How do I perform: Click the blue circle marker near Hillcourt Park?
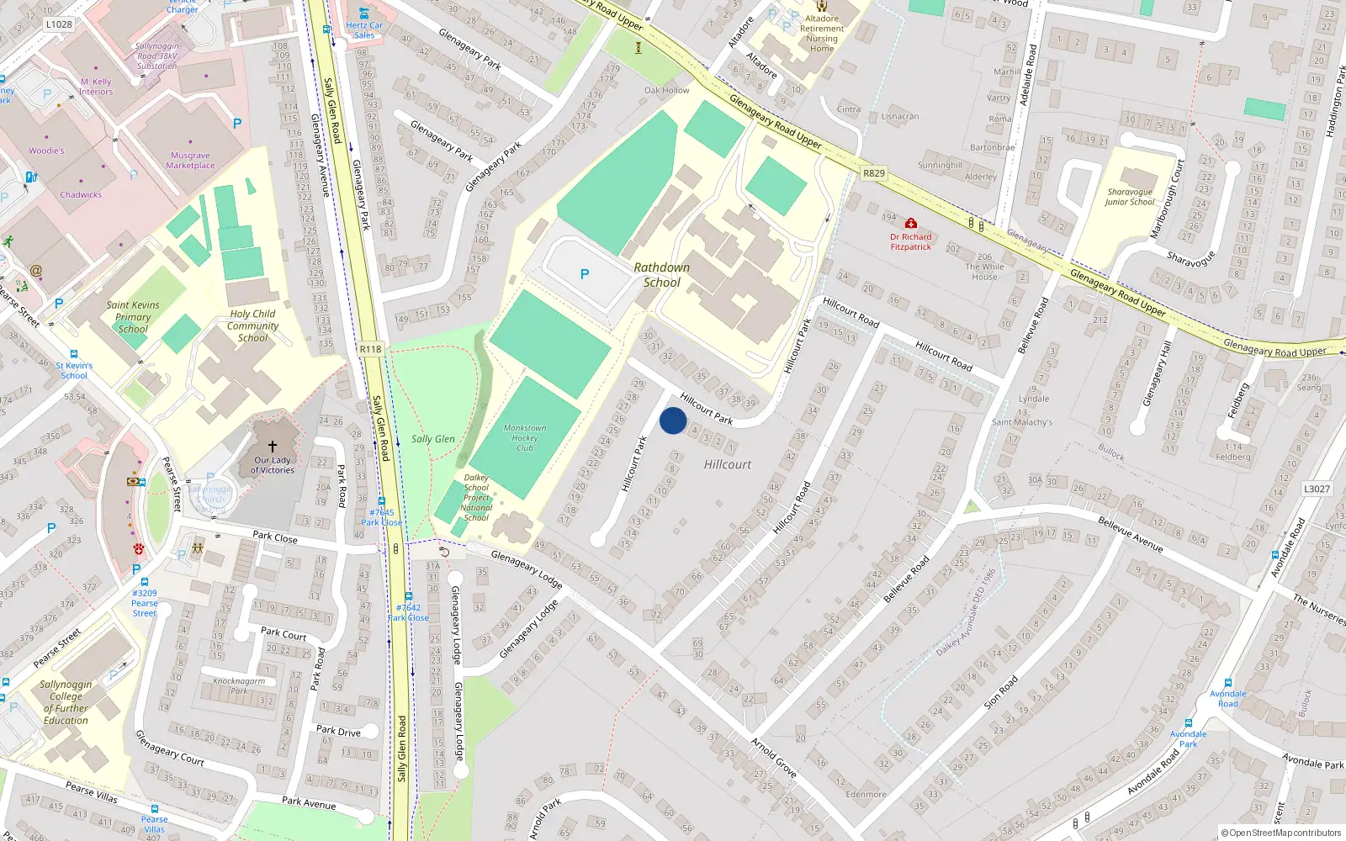click(673, 420)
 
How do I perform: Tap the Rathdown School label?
click(662, 275)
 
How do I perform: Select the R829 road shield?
click(874, 173)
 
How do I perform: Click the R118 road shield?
click(370, 349)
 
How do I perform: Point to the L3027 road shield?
click(1317, 489)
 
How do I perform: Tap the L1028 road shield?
click(59, 24)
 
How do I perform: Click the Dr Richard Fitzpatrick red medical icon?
click(910, 224)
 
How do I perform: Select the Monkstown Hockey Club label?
click(525, 438)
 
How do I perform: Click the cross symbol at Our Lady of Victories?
click(272, 447)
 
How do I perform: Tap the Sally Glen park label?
click(432, 439)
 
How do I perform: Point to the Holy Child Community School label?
click(252, 325)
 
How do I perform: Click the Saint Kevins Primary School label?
click(133, 317)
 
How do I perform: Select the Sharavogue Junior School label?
click(1130, 197)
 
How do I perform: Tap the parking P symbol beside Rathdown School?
click(585, 274)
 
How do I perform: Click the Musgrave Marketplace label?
click(190, 161)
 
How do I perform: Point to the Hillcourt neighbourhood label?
click(728, 464)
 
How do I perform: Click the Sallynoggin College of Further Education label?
click(66, 702)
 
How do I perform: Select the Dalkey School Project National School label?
click(476, 498)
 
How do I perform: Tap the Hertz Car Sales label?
click(364, 30)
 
